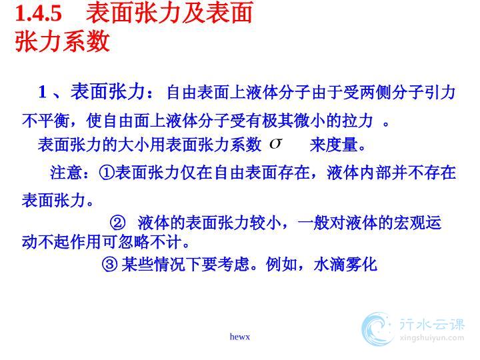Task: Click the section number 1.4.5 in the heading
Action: pos(39,13)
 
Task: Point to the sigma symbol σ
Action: pos(275,143)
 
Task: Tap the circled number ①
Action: pos(107,173)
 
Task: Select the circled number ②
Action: pos(118,223)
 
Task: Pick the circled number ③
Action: pos(109,264)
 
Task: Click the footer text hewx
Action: pos(240,337)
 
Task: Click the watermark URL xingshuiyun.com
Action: pos(432,338)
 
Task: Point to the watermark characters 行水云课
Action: pos(432,325)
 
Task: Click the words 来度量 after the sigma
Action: pos(334,145)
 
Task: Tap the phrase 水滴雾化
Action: pos(345,264)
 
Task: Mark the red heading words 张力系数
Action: pos(63,41)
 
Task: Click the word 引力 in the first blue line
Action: pos(440,92)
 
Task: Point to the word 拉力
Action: pos(357,121)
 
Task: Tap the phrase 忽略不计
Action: pos(150,242)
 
